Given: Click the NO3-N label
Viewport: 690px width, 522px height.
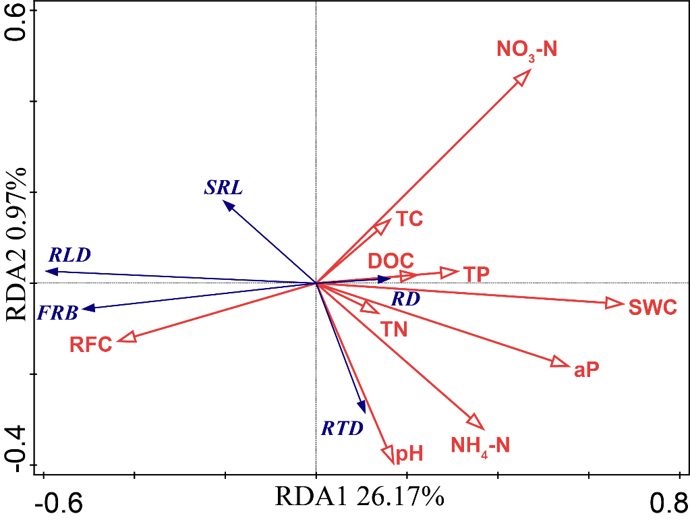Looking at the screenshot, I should (x=527, y=50).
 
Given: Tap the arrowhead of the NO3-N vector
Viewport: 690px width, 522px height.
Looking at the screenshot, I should (x=523, y=76).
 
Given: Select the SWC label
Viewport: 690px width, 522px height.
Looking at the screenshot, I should (x=652, y=308).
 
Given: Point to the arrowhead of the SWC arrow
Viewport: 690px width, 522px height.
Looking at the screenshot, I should (x=615, y=303).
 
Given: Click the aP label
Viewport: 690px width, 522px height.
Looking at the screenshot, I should (x=586, y=370).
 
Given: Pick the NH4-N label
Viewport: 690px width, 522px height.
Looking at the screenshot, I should (x=480, y=445).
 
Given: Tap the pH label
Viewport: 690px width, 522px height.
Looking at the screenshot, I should (x=409, y=453).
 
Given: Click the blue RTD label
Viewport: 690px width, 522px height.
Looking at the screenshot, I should (x=341, y=428).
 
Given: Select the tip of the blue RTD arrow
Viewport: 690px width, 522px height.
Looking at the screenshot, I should (x=364, y=410).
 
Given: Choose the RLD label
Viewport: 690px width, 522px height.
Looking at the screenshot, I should (x=69, y=255).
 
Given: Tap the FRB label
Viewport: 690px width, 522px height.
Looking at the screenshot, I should (x=57, y=312).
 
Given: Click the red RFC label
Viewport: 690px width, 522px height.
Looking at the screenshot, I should (x=90, y=345).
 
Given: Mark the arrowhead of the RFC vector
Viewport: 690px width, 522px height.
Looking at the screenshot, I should (x=126, y=338).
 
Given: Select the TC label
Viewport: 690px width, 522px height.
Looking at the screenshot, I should (x=409, y=219).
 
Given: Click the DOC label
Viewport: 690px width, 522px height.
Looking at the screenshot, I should (x=391, y=261).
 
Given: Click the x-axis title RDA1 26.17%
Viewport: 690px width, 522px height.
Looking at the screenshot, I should (x=359, y=497).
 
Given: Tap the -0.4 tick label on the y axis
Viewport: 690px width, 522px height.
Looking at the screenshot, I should (x=18, y=448).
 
